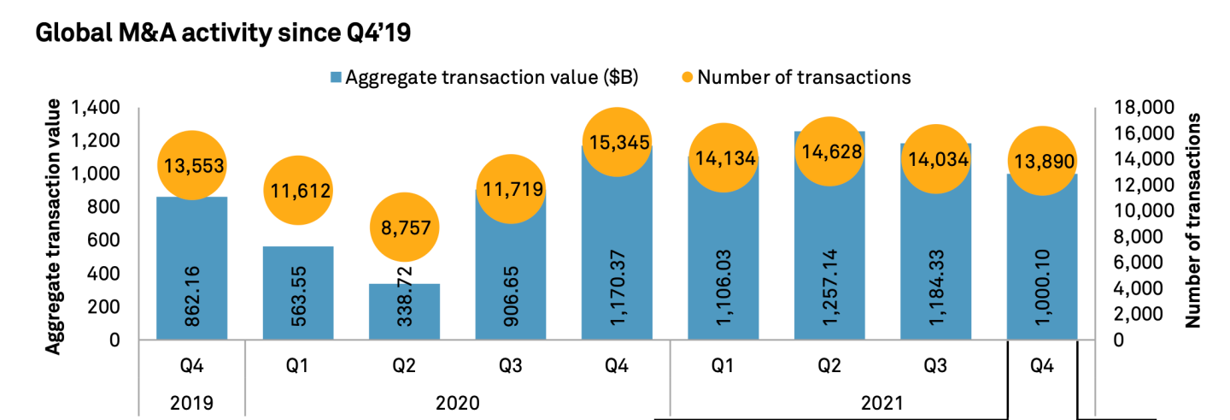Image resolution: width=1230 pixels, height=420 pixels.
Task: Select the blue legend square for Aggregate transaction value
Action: [336, 77]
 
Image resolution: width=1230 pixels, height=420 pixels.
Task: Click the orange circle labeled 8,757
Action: [404, 228]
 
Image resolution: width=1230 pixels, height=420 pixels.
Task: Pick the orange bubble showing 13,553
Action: [191, 166]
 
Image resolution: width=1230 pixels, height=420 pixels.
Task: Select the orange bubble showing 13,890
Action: [1042, 161]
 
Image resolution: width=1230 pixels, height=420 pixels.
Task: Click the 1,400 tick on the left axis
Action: [97, 108]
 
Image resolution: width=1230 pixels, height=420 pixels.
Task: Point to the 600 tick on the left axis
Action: [106, 240]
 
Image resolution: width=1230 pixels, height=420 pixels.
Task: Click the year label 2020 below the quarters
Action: [457, 400]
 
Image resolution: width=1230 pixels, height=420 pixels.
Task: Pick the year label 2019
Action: [192, 400]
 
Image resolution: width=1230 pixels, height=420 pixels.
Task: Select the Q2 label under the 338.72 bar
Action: [404, 366]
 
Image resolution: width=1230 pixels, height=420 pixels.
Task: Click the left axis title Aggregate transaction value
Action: [53, 227]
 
